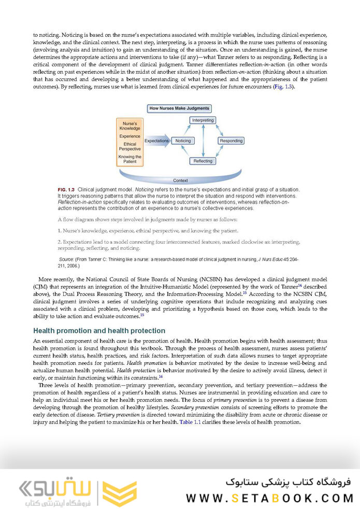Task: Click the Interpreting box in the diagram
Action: (x=203, y=120)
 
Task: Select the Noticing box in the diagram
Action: (x=183, y=140)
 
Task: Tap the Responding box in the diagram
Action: (x=231, y=140)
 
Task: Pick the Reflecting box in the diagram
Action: (x=203, y=161)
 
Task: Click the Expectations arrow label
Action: (x=156, y=140)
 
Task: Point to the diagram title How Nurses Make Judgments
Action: (x=179, y=108)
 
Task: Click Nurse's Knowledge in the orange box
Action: (x=129, y=126)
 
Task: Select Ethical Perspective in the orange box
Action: (x=129, y=147)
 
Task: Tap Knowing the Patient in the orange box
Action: (x=129, y=159)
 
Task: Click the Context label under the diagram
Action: (x=180, y=180)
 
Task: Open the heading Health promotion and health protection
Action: (x=99, y=331)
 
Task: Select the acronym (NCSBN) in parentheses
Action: (x=193, y=279)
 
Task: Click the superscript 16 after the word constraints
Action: (x=161, y=376)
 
